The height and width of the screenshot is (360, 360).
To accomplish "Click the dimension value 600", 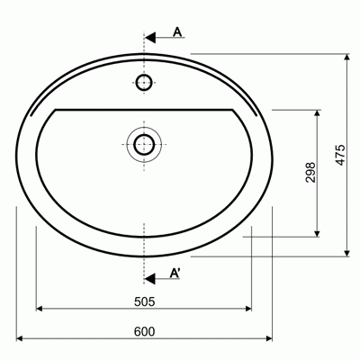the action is (x=144, y=332).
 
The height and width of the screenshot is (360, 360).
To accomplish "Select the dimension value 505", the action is (x=144, y=301).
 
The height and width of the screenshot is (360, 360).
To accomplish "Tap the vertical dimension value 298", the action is (x=310, y=173).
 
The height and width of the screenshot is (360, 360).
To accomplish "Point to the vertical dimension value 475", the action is (x=340, y=155).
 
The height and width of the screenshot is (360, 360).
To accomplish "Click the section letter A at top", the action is (x=177, y=31).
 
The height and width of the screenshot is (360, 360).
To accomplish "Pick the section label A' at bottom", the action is (x=175, y=273).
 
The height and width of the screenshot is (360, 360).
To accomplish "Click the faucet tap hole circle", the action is (x=144, y=82).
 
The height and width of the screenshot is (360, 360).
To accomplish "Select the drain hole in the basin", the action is (x=144, y=145).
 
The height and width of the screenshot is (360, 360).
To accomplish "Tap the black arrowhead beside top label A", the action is (x=150, y=38).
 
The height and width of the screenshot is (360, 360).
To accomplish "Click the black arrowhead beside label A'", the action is (x=150, y=279).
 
